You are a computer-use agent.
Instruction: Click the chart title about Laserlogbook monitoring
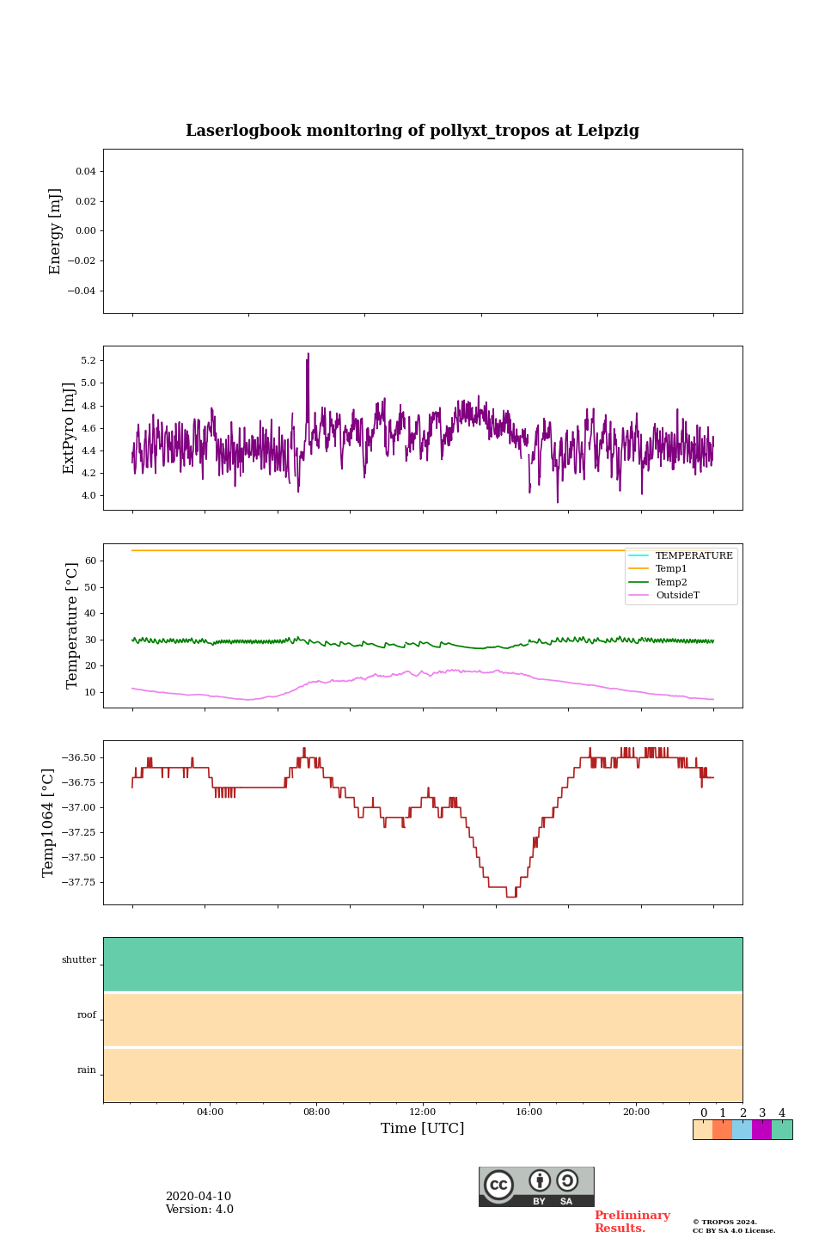pyautogui.click(x=412, y=131)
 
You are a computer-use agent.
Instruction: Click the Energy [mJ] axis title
pyautogui.click(x=56, y=231)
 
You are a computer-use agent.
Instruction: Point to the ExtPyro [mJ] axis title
pyautogui.click(x=70, y=428)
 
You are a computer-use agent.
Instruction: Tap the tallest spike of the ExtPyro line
pyautogui.click(x=308, y=354)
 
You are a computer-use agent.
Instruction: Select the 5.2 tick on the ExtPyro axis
pyautogui.click(x=87, y=360)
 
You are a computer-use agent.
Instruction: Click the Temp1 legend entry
pyautogui.click(x=671, y=569)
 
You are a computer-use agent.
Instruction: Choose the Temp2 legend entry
pyautogui.click(x=671, y=582)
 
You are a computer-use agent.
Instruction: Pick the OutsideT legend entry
pyautogui.click(x=677, y=596)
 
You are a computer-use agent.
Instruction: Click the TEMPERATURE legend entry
pyautogui.click(x=694, y=556)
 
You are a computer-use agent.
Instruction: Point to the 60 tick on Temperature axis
pyautogui.click(x=90, y=561)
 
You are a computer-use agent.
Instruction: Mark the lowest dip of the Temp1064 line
pyautogui.click(x=511, y=896)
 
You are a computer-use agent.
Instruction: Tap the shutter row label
pyautogui.click(x=79, y=960)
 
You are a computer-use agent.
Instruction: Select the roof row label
pyautogui.click(x=87, y=1015)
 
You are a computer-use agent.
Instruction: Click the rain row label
pyautogui.click(x=87, y=1070)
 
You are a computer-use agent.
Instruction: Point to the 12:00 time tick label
pyautogui.click(x=423, y=1112)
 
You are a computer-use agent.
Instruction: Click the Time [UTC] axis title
pyautogui.click(x=423, y=1128)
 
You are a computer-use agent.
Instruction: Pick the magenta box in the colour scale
pyautogui.click(x=761, y=1130)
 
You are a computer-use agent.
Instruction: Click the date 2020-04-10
pyautogui.click(x=199, y=1197)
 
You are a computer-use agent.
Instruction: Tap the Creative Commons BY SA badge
pyautogui.click(x=536, y=1186)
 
